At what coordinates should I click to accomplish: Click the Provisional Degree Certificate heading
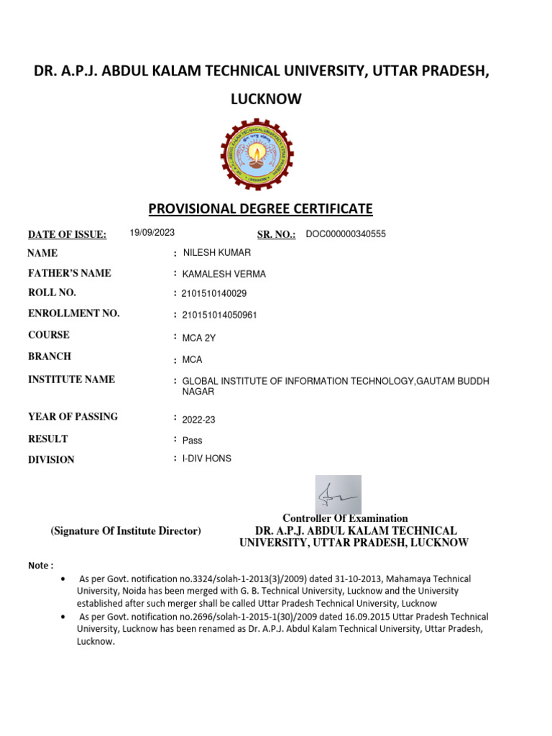(x=260, y=209)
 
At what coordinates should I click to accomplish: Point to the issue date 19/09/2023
(x=152, y=233)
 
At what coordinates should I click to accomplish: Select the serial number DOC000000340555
(x=346, y=234)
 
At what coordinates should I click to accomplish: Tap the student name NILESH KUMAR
(x=217, y=253)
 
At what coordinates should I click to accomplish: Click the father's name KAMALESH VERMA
(x=224, y=274)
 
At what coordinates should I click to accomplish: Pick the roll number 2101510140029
(x=214, y=294)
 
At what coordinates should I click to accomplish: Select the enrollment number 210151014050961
(x=219, y=315)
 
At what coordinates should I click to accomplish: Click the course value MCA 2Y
(x=198, y=337)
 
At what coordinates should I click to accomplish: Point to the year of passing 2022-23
(x=198, y=420)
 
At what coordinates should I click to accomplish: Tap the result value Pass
(x=192, y=441)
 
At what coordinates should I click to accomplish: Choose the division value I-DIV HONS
(x=207, y=459)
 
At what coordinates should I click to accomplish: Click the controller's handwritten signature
(x=338, y=494)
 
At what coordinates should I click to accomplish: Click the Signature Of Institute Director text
(x=126, y=531)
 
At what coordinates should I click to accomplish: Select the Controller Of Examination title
(x=345, y=518)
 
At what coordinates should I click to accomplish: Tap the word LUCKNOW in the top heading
(x=266, y=100)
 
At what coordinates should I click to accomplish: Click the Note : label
(x=41, y=566)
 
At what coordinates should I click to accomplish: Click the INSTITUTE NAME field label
(x=71, y=379)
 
